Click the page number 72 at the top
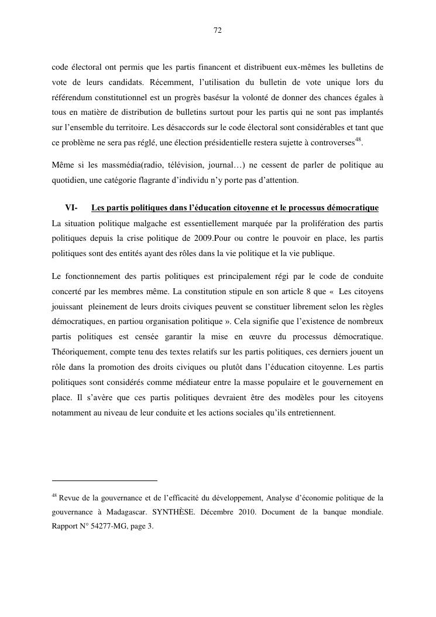point(218,30)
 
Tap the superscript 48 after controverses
point(359,139)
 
